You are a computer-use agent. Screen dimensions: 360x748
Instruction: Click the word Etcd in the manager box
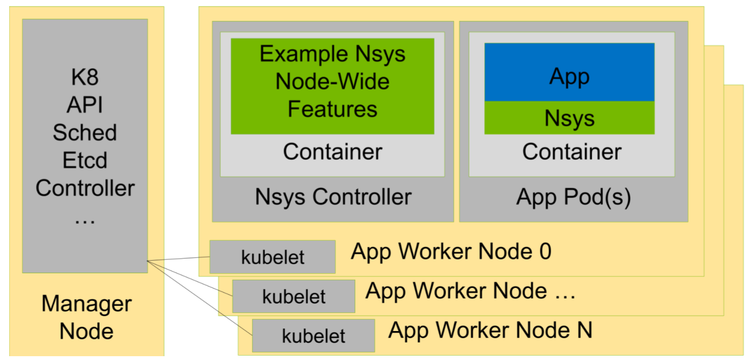pyautogui.click(x=85, y=160)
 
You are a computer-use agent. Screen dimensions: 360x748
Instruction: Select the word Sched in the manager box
pyautogui.click(x=85, y=133)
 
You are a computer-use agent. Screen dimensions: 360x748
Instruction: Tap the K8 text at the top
pyautogui.click(x=85, y=77)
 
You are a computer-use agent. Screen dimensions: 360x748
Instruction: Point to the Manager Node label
pyautogui.click(x=86, y=317)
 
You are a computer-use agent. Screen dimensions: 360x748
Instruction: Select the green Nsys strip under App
pyautogui.click(x=569, y=118)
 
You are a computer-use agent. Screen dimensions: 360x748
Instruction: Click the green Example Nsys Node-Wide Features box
pyautogui.click(x=332, y=86)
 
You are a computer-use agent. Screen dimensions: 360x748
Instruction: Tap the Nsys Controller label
pyautogui.click(x=333, y=197)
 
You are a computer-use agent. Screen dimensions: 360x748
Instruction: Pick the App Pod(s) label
pyautogui.click(x=573, y=197)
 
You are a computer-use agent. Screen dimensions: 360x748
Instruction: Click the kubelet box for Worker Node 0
pyautogui.click(x=273, y=257)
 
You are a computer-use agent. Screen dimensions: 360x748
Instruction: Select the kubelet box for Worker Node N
pyautogui.click(x=313, y=335)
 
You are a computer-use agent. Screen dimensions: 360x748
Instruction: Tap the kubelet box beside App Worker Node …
pyautogui.click(x=293, y=296)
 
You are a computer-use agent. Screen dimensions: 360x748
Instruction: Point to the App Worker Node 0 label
pyautogui.click(x=451, y=251)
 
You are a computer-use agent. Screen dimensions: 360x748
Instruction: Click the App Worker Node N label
pyautogui.click(x=490, y=330)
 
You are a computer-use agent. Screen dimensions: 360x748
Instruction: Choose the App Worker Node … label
pyautogui.click(x=470, y=291)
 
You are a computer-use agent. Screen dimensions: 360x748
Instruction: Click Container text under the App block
pyautogui.click(x=571, y=152)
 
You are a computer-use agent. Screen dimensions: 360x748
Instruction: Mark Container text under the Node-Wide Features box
pyautogui.click(x=332, y=152)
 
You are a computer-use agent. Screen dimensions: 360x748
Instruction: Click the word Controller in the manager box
pyautogui.click(x=85, y=188)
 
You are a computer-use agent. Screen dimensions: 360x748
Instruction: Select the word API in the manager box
pyautogui.click(x=85, y=105)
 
